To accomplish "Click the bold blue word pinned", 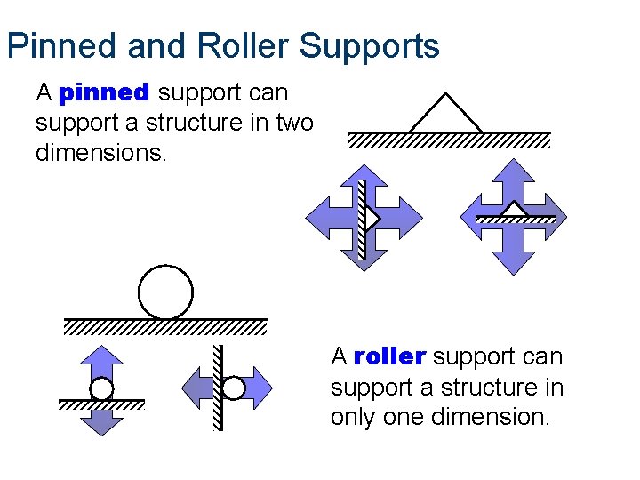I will (x=104, y=92).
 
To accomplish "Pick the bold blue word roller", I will (x=389, y=357).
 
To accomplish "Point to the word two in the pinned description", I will (x=294, y=123).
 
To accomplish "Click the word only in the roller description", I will (x=354, y=417).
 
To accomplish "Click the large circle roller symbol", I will (x=166, y=292).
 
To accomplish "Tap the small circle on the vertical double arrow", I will (x=101, y=389).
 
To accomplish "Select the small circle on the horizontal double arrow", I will (x=233, y=388).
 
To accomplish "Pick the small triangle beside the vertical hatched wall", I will (x=372, y=218).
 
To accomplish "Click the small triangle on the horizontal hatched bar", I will (x=515, y=210).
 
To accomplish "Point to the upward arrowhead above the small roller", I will (x=101, y=356).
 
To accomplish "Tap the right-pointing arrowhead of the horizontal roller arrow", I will (x=264, y=388).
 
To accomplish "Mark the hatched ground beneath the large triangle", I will (x=449, y=140).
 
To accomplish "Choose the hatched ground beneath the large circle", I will (x=165, y=326).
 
